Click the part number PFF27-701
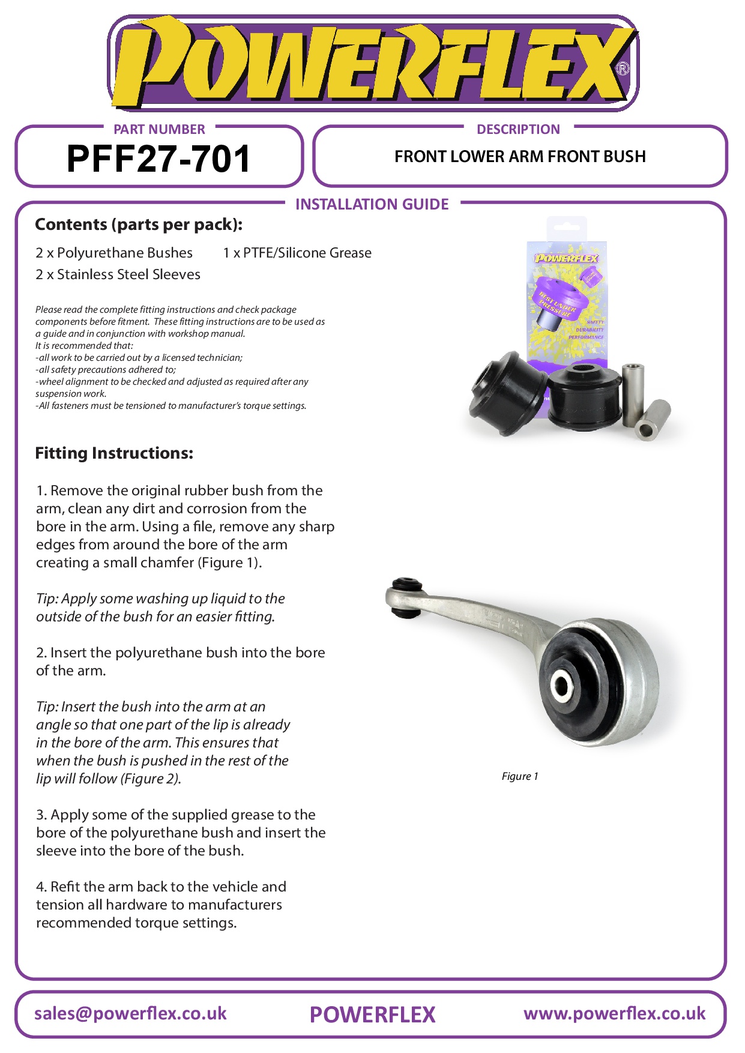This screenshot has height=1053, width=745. click(158, 159)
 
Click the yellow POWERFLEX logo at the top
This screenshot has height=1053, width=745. click(372, 63)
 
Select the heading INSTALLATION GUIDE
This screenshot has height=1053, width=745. click(372, 205)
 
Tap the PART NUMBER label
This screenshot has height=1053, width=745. click(159, 130)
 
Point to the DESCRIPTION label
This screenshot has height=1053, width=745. click(518, 130)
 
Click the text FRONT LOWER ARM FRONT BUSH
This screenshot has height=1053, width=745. click(520, 157)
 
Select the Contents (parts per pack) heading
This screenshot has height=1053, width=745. click(139, 225)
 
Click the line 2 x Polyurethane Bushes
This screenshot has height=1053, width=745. click(114, 253)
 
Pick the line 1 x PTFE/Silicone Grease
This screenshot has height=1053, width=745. click(297, 253)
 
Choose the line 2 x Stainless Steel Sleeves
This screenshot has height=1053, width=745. click(118, 274)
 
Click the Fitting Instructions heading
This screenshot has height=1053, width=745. click(114, 453)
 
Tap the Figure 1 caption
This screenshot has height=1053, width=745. click(520, 776)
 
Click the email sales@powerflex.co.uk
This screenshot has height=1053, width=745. click(130, 1014)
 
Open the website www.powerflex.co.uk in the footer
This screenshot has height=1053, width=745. click(614, 1014)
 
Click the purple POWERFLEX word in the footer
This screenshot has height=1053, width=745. click(372, 1015)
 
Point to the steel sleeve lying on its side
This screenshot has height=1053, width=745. click(653, 420)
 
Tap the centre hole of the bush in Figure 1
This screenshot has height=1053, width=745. click(563, 684)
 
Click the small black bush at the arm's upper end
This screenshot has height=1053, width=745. click(405, 597)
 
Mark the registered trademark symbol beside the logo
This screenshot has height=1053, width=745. click(623, 68)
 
